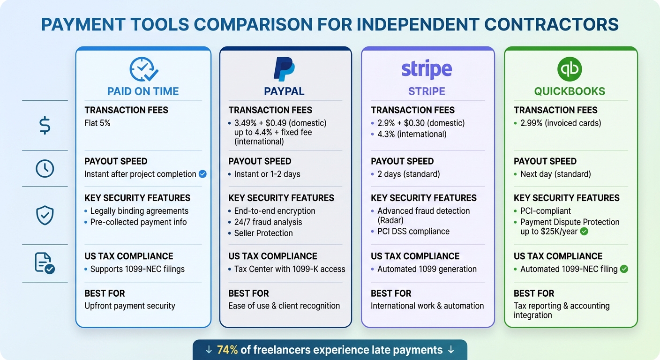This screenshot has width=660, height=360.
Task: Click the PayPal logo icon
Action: coord(284,69)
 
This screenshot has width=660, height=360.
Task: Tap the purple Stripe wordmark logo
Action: coord(427,69)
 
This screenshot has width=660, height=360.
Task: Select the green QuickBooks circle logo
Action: coord(570,69)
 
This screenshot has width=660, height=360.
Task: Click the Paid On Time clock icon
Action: coord(143,69)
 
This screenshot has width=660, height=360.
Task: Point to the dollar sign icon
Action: coord(45,126)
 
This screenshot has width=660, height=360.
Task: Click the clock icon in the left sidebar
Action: coord(45,169)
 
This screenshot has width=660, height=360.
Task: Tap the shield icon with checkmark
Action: coord(45,216)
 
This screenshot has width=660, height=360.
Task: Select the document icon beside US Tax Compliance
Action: coord(45,263)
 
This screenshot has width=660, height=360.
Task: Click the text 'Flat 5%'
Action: coord(97,123)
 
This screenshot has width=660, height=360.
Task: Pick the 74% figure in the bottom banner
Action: coord(227,350)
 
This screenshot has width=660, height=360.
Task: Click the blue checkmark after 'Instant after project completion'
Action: coord(202,174)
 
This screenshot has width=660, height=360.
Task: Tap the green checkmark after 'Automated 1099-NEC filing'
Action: coord(624,269)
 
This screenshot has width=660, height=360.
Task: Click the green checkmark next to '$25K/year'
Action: coord(584,232)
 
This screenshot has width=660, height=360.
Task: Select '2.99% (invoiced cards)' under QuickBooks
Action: coord(561,123)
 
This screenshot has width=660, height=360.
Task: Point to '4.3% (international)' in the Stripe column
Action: coord(412,134)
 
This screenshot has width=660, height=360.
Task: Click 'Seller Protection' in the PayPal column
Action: coord(263,233)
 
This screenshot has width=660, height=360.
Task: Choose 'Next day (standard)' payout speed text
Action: coord(555,174)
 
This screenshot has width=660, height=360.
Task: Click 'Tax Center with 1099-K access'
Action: coord(290,269)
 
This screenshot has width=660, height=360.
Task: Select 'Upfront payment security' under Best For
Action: coord(130,306)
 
